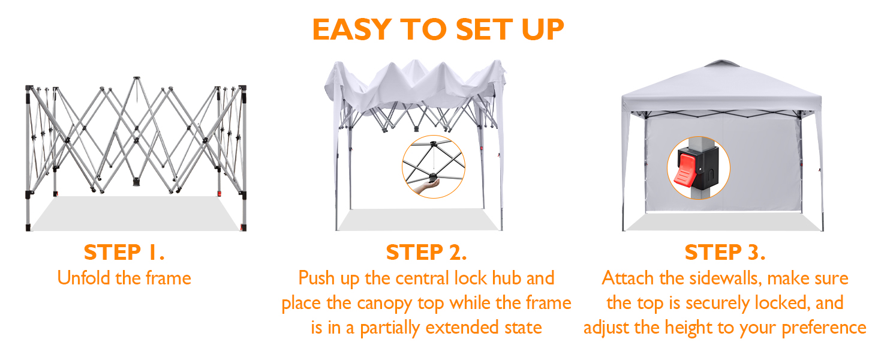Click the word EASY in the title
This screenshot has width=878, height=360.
tap(351, 29)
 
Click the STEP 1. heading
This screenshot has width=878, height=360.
tap(124, 252)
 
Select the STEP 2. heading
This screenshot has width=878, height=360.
tap(426, 252)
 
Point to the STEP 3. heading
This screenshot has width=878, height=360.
tap(724, 252)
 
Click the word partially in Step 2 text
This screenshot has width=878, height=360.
tap(390, 328)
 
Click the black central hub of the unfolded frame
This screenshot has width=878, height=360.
tap(136, 182)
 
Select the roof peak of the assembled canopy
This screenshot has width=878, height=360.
tap(723, 62)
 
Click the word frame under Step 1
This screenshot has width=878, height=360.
tap(169, 278)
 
